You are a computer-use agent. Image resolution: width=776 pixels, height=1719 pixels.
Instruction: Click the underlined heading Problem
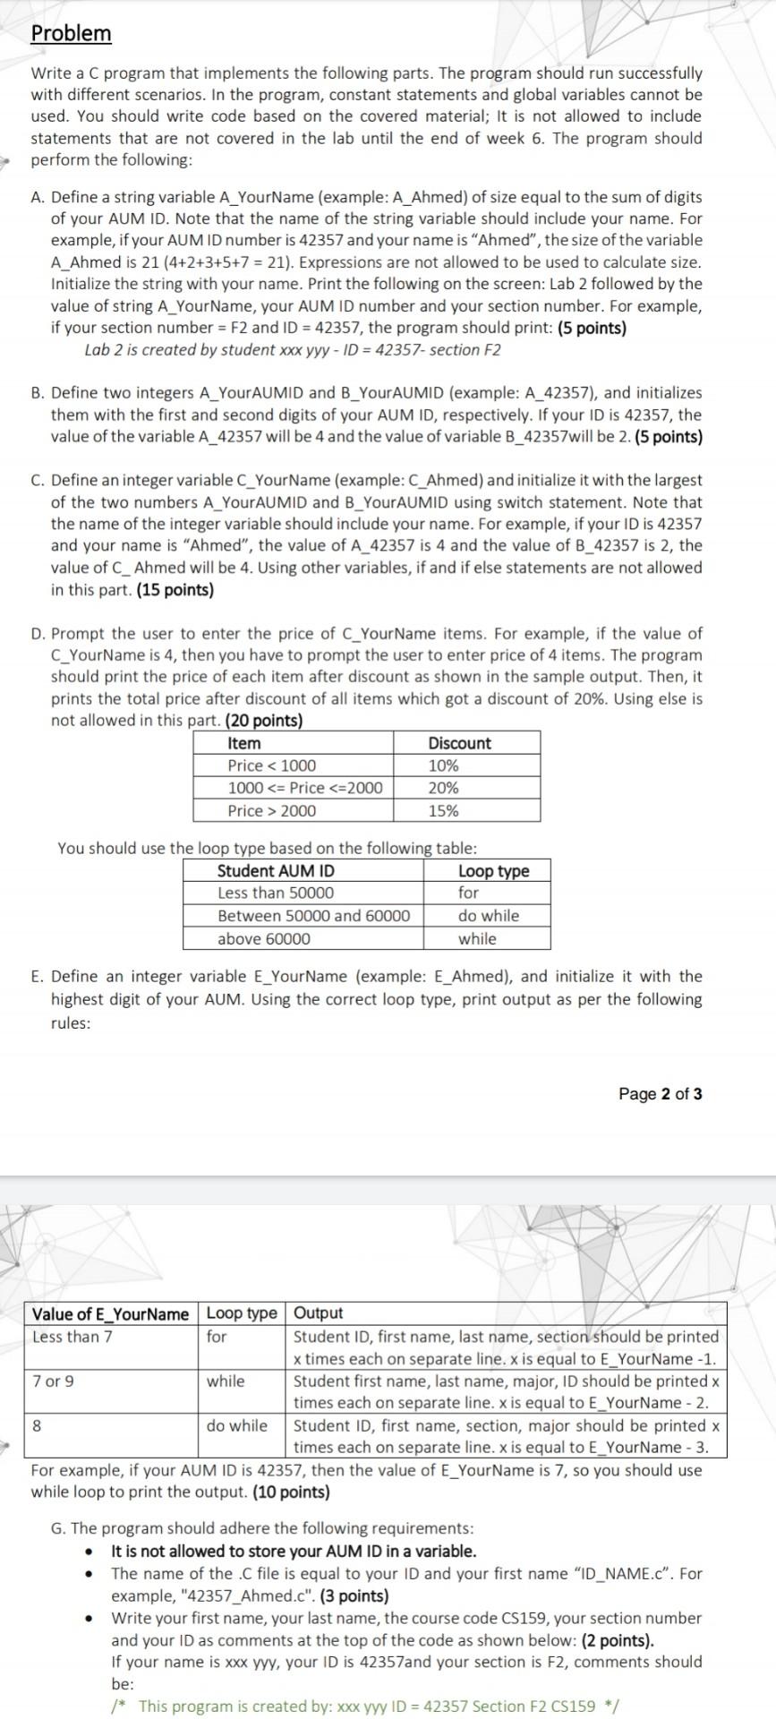coord(71,33)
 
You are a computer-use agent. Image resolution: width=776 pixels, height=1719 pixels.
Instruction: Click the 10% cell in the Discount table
coord(443,765)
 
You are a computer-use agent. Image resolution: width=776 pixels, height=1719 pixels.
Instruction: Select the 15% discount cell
coord(443,810)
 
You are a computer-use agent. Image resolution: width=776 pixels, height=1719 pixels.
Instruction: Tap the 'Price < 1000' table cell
coord(271,765)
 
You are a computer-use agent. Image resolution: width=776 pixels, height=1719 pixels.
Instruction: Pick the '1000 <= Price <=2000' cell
coord(304,788)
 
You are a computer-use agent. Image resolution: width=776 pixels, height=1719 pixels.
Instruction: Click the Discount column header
coord(459,743)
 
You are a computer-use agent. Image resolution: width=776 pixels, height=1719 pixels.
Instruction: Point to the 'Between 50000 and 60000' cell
coord(313,915)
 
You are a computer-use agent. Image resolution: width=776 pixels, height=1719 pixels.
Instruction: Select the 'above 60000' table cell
coord(264,938)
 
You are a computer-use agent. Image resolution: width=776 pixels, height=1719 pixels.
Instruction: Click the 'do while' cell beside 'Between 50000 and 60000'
coord(488,915)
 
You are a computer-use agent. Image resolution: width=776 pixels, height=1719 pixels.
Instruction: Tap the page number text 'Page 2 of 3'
coord(660,1093)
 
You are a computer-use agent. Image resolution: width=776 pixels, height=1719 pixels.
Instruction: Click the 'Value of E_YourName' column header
coord(110,1313)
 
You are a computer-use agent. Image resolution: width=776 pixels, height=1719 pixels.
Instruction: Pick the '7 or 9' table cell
coord(53,1381)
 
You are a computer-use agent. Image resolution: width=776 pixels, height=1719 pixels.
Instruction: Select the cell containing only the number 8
coord(37,1425)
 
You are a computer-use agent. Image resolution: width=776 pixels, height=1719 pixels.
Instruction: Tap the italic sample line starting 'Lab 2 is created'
coord(293,349)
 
